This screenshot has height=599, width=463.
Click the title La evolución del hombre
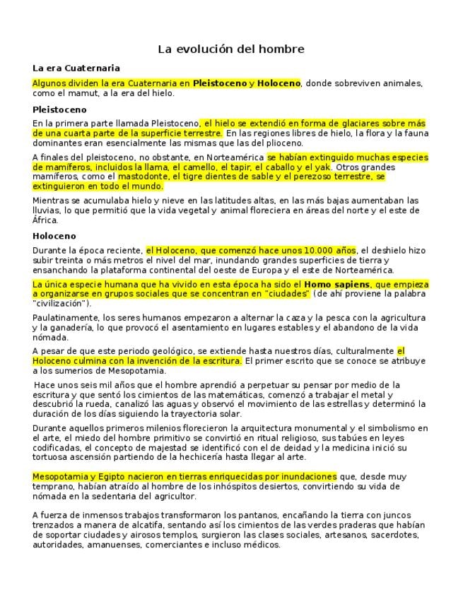(x=231, y=49)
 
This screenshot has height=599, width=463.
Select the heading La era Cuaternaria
(x=76, y=69)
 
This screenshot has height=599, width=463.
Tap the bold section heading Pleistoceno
(x=59, y=110)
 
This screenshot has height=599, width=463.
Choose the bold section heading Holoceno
(x=54, y=236)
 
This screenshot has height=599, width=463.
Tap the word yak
(x=322, y=167)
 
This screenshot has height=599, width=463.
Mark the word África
(x=45, y=220)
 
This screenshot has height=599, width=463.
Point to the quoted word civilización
(x=60, y=304)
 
